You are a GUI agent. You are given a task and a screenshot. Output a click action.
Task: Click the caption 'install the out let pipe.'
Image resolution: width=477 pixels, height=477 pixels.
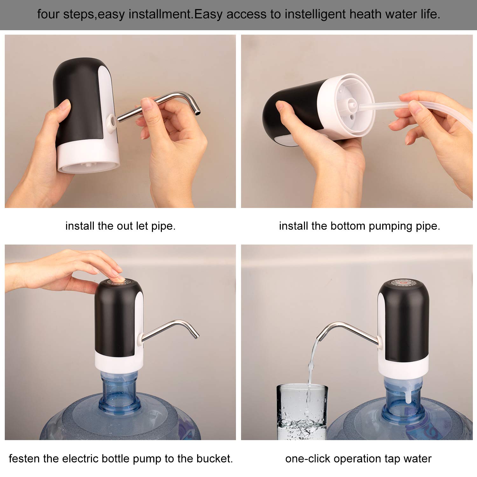coord(120,226)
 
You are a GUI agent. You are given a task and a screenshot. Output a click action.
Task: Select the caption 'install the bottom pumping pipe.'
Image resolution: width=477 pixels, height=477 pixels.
coord(359,226)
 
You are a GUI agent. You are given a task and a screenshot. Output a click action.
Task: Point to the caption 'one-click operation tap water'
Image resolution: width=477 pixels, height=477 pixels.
coord(358,459)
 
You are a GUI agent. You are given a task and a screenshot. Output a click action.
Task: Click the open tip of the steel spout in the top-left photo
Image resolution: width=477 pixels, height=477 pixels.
coord(197,112)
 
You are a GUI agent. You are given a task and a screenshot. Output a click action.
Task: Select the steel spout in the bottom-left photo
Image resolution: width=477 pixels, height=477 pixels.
coord(172,328)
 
